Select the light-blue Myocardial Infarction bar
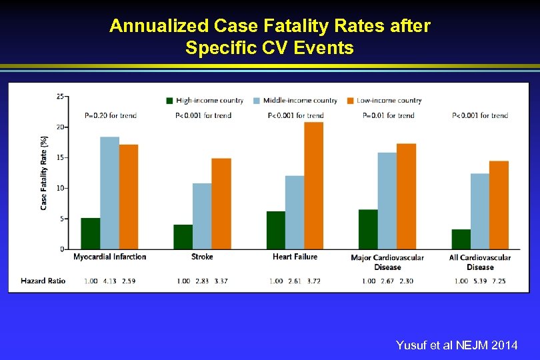[109, 193]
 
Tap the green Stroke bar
[183, 237]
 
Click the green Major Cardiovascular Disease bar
[368, 229]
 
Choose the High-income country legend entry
[205, 101]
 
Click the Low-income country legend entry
[384, 101]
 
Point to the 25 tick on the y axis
[60, 97]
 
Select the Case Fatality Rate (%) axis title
[44, 173]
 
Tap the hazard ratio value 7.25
[498, 281]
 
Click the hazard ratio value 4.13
[109, 281]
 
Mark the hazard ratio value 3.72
[313, 281]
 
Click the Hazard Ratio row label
[43, 281]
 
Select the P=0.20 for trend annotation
[111, 115]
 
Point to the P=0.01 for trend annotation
[388, 115]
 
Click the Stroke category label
[202, 257]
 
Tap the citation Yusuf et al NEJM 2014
[457, 345]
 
